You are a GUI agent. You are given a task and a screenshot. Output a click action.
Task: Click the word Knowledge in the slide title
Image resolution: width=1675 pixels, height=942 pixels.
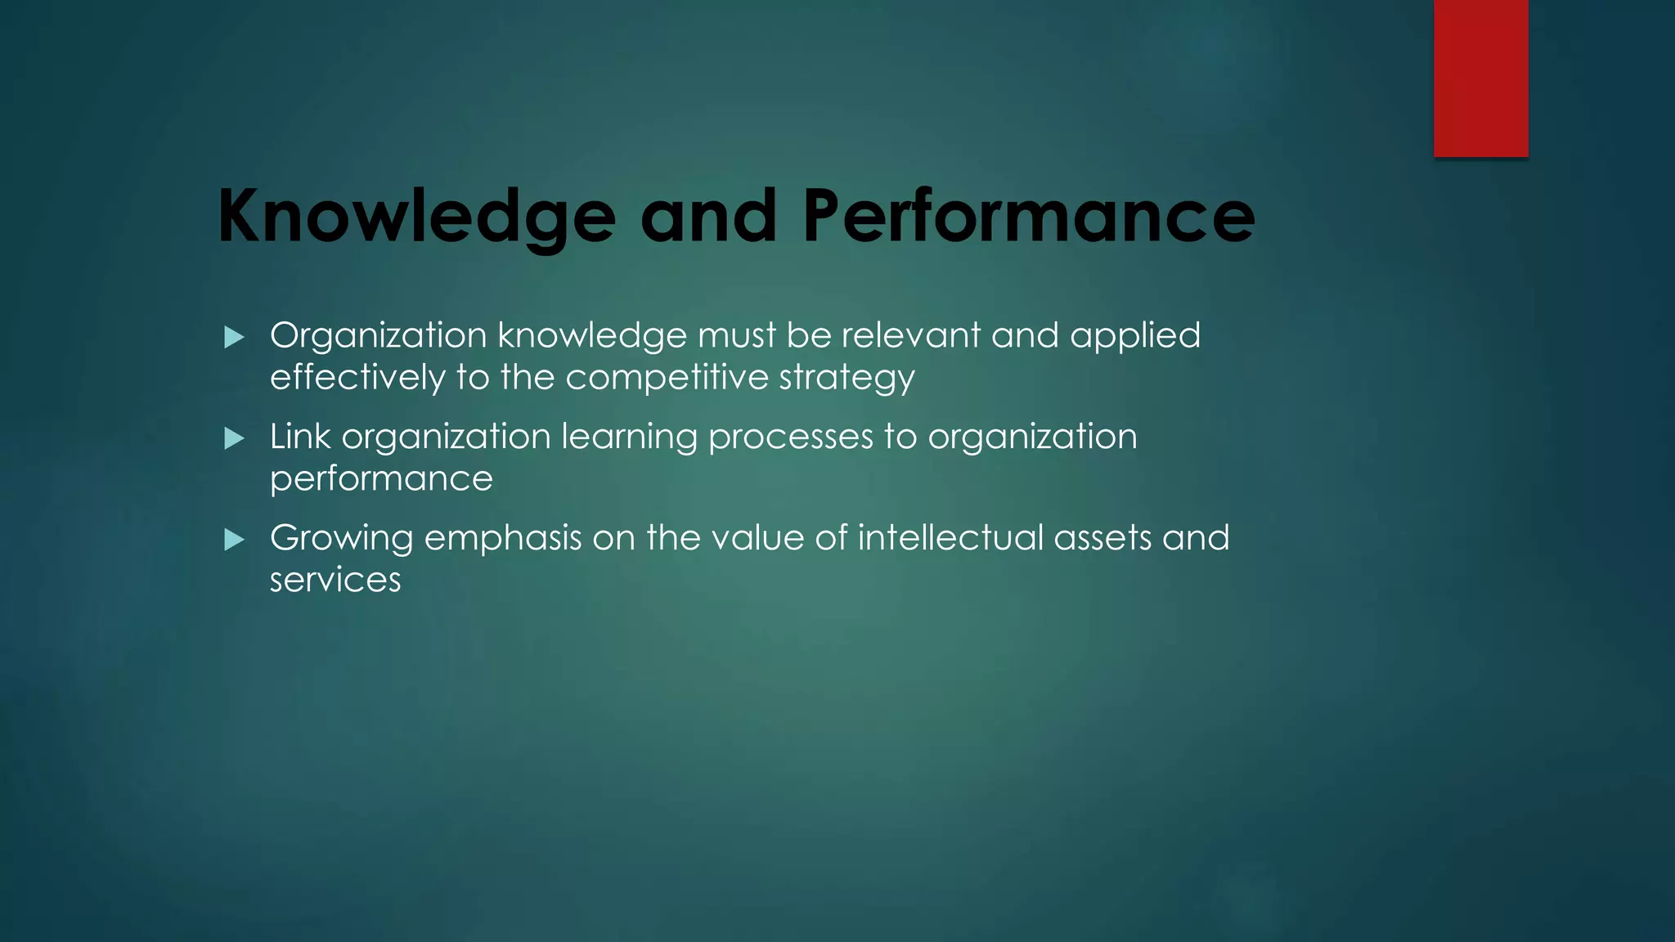tap(415, 216)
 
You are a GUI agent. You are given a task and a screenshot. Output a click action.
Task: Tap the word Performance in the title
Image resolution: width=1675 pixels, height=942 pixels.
tap(1028, 216)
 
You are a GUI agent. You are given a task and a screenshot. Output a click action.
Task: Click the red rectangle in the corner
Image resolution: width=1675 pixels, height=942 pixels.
tap(1480, 78)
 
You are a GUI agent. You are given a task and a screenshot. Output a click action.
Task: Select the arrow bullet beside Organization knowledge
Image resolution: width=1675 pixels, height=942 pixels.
tap(234, 337)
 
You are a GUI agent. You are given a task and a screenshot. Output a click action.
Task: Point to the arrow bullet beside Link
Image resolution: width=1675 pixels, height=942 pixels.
tap(234, 438)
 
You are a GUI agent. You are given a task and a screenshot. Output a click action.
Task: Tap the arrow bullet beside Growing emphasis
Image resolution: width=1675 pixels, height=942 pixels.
tap(234, 540)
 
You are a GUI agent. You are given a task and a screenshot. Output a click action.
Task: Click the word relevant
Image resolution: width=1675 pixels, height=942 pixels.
tap(910, 335)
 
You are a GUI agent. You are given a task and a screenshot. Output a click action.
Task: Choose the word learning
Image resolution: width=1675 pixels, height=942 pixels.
tap(628, 437)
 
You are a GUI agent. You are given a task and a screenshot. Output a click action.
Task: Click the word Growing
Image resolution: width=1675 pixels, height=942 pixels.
tap(341, 539)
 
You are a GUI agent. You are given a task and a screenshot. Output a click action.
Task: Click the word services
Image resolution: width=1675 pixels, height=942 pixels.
tap(335, 580)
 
